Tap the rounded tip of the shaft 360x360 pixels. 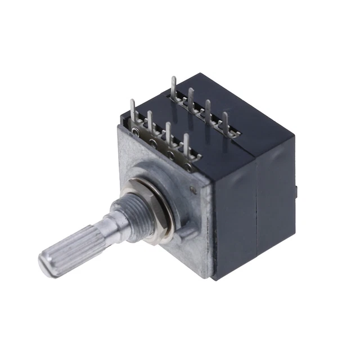pos(47,265)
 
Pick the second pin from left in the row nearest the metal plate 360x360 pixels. pos(150,124)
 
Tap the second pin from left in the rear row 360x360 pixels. pos(191,99)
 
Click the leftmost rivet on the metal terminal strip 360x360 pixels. pos(136,133)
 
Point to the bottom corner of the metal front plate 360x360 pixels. pos(214,278)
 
